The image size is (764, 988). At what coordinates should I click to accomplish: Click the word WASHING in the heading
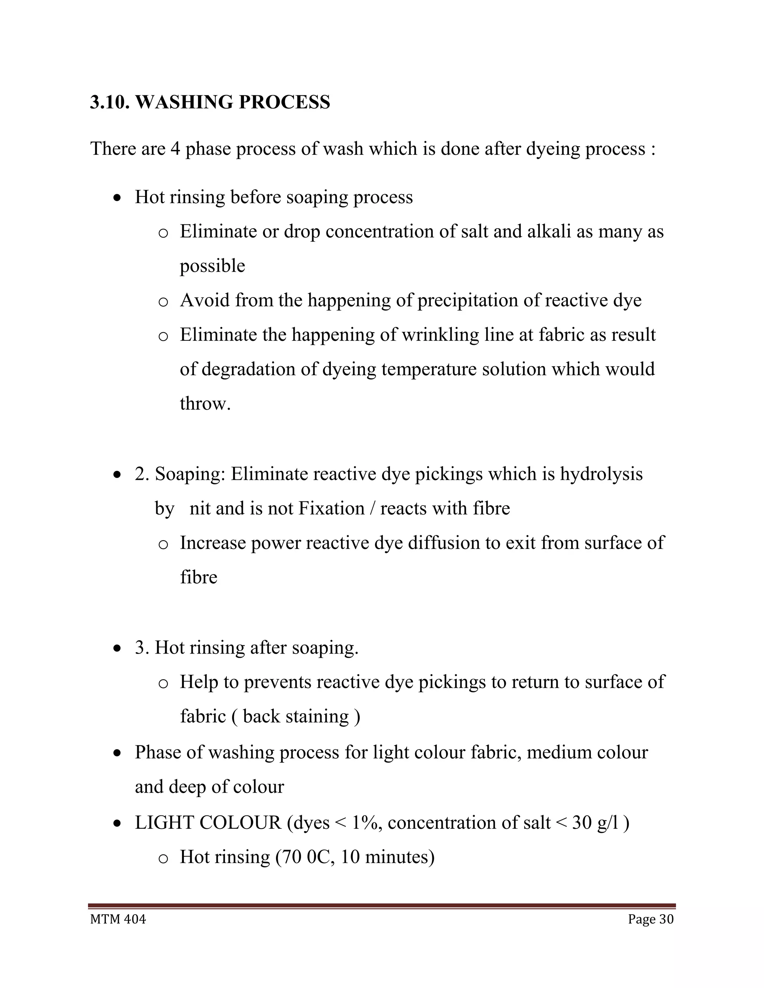point(184,103)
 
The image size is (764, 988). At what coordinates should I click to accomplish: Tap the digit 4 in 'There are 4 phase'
point(175,149)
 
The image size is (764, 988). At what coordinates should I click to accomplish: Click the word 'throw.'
point(205,403)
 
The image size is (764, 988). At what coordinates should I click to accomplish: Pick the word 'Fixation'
point(331,509)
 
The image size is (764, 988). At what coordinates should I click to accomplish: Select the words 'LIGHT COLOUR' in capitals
point(208,823)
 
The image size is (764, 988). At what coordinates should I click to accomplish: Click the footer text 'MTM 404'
point(118,919)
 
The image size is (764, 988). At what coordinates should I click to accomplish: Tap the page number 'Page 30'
point(650,919)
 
